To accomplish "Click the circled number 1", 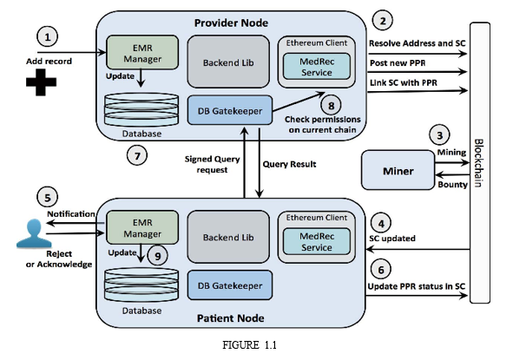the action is tap(48, 36).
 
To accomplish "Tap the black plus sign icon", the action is tap(41, 82).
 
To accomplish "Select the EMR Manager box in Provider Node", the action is tap(142, 53).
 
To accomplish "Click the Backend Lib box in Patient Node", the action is tap(228, 237).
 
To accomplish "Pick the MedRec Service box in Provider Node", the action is tap(317, 67).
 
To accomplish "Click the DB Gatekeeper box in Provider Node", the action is tap(230, 110).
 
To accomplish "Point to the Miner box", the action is tap(398, 170).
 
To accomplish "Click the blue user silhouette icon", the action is tap(34, 232).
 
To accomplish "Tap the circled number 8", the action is tap(331, 106).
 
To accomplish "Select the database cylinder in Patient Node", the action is tap(141, 285).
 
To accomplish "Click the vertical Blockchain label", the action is tap(478, 163).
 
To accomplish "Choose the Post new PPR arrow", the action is tap(418, 72).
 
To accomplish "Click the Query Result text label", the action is tap(290, 164).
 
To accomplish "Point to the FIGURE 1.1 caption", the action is tap(250, 345).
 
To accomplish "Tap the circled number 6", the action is tap(381, 270).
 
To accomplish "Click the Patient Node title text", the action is tap(231, 318).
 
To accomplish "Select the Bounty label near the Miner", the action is tap(452, 185).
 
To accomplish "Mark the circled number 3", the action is tap(440, 134).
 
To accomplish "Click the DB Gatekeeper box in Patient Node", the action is tap(230, 285).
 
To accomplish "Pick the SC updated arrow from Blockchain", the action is tap(418, 250).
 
